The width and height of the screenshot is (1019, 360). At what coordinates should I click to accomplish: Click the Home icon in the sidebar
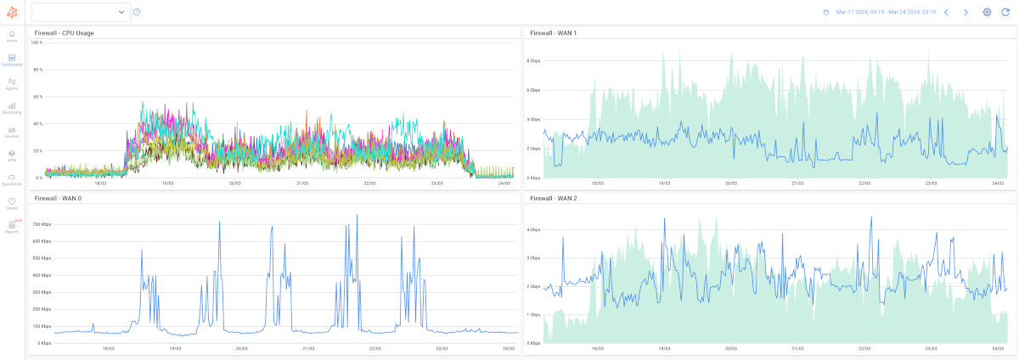point(12,35)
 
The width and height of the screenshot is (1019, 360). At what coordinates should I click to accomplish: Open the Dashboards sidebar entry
point(12,59)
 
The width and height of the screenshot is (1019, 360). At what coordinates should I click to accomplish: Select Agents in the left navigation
point(12,83)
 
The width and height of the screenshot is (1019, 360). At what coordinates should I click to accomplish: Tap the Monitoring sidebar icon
point(12,107)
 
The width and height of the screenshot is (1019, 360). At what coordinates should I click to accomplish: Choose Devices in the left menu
point(12,131)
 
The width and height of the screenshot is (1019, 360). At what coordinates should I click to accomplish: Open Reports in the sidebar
point(12,226)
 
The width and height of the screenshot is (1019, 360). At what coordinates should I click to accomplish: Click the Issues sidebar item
point(12,202)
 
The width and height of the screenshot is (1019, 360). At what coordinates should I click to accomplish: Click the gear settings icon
point(987,13)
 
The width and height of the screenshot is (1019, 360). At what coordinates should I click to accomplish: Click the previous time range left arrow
point(946,13)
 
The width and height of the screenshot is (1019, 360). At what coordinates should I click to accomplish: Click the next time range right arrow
point(966,13)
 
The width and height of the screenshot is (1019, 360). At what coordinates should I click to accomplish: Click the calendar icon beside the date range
point(825,13)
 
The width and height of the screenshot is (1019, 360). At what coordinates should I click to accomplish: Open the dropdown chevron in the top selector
point(121,12)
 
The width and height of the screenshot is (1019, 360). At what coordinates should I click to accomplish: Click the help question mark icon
point(137,12)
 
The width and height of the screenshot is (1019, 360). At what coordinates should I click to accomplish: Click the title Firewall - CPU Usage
point(64,33)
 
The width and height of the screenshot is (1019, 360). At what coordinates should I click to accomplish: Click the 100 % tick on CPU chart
point(37,42)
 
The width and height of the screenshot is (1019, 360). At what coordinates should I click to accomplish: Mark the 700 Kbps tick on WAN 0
point(42,224)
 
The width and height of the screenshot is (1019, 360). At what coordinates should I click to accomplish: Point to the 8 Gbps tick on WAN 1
point(533,61)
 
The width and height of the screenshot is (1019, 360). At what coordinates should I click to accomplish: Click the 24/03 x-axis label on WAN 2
point(998,348)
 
